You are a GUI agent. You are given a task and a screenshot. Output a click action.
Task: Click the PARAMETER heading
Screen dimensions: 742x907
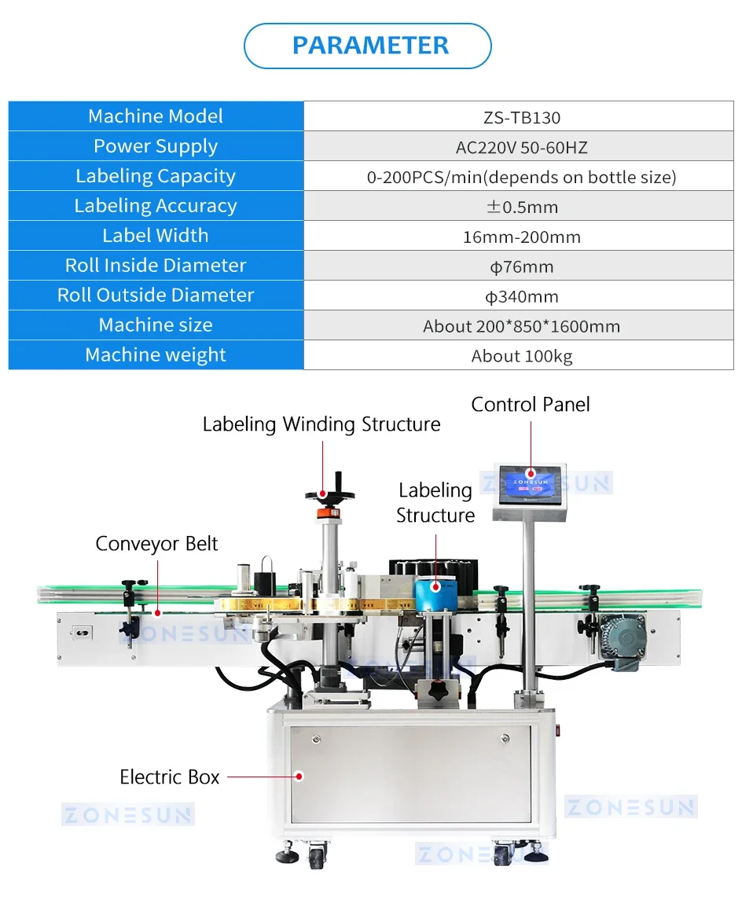pos(370,46)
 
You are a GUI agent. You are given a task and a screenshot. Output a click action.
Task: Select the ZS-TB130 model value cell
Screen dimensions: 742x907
pos(521,118)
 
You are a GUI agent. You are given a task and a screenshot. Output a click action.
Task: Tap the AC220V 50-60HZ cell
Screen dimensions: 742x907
pos(521,148)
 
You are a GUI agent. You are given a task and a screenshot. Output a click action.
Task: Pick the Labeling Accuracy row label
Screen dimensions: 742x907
pos(156,206)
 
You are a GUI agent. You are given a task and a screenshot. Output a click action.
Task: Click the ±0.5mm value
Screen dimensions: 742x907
pos(521,207)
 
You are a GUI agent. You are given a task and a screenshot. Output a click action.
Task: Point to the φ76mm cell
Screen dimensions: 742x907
pos(521,267)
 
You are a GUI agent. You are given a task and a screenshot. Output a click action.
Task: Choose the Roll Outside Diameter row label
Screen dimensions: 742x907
pos(156,296)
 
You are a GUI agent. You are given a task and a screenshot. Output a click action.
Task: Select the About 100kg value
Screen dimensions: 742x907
pos(521,357)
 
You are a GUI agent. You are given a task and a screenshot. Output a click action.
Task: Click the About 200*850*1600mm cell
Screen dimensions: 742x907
pos(521,327)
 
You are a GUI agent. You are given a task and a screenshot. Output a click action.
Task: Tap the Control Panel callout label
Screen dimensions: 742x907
pos(531,405)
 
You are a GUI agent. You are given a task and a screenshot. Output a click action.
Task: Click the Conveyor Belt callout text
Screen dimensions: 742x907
pos(156,544)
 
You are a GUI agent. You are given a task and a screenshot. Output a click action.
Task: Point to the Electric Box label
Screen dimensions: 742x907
pos(170,777)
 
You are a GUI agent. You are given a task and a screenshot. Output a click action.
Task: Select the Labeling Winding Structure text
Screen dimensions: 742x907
pos(321,424)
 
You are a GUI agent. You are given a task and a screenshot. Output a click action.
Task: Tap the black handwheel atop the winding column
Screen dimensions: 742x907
pos(329,494)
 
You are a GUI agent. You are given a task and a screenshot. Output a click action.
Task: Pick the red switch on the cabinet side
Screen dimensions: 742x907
pos(560,731)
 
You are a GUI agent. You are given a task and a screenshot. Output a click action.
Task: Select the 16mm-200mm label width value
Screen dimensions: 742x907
pos(521,237)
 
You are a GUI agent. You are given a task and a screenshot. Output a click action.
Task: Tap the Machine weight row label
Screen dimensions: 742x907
pos(156,355)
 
